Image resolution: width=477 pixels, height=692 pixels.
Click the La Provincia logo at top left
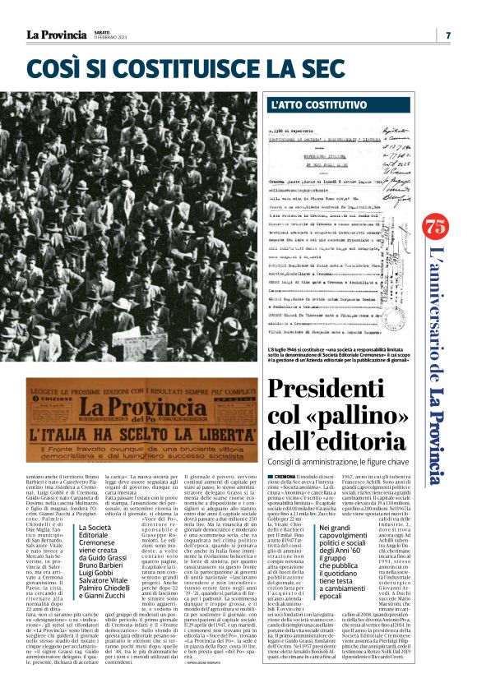54,35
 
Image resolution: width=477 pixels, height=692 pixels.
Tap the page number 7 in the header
447,35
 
